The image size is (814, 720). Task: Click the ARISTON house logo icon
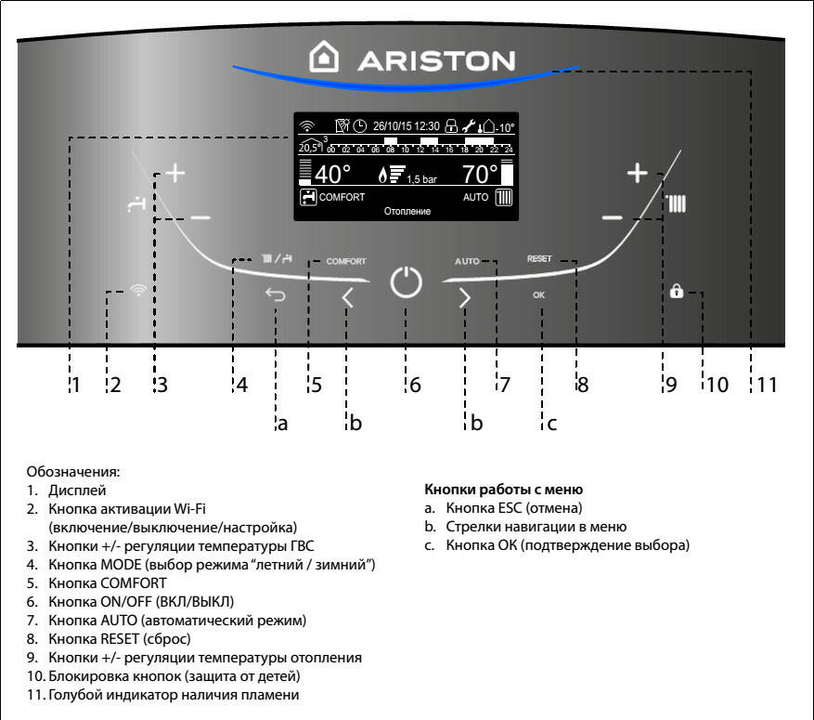[324, 59]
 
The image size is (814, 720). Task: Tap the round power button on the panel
[406, 282]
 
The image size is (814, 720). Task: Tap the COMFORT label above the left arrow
[345, 262]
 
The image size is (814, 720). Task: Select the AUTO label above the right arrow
[467, 262]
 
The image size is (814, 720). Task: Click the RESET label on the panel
[539, 259]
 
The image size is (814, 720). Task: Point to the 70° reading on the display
[480, 174]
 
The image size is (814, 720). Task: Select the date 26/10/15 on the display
[394, 125]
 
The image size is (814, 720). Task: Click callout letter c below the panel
[551, 424]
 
